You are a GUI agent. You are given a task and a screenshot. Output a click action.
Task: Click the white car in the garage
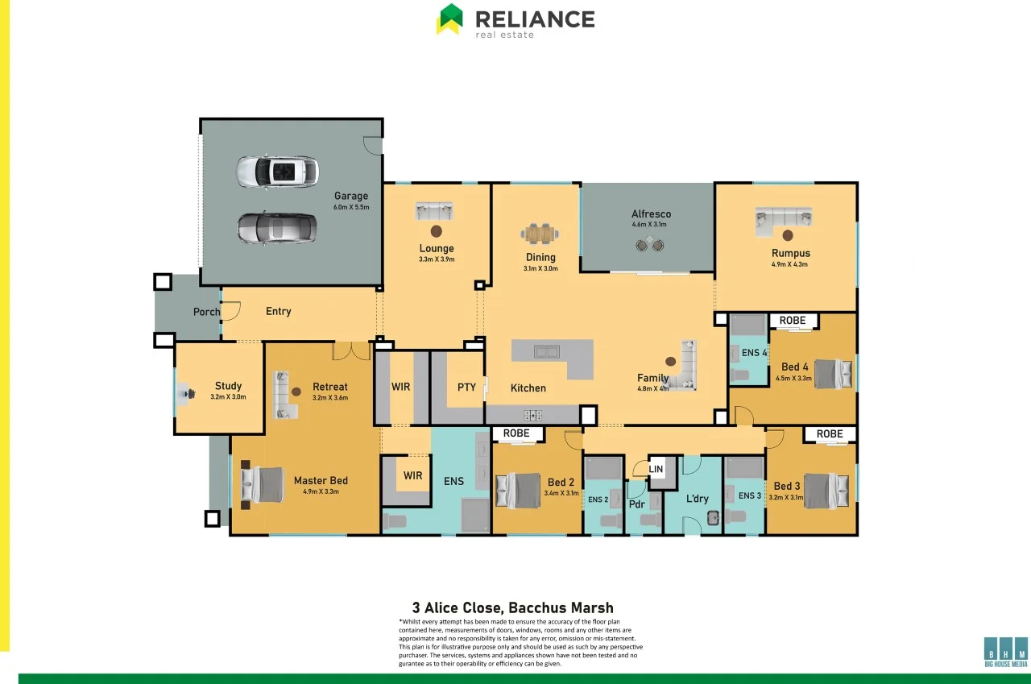[277, 172]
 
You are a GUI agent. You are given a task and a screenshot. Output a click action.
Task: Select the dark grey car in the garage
[276, 228]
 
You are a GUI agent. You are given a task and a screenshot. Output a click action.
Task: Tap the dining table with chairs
[540, 234]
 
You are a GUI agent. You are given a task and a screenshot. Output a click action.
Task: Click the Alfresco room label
[651, 214]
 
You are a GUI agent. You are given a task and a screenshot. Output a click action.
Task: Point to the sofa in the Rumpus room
[783, 219]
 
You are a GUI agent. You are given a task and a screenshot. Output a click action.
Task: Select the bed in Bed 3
[826, 491]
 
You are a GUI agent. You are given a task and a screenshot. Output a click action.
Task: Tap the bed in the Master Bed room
[263, 485]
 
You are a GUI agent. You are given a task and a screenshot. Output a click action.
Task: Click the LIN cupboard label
[656, 468]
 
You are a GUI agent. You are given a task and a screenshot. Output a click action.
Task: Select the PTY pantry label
[466, 387]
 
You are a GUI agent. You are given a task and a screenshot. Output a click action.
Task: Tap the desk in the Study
[186, 394]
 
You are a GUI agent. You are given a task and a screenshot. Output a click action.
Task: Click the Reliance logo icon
[449, 19]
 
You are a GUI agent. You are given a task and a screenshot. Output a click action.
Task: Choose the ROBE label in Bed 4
[793, 321]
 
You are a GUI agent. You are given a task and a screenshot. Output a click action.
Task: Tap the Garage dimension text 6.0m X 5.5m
[351, 207]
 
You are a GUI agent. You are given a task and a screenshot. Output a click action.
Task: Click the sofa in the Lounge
[435, 211]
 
